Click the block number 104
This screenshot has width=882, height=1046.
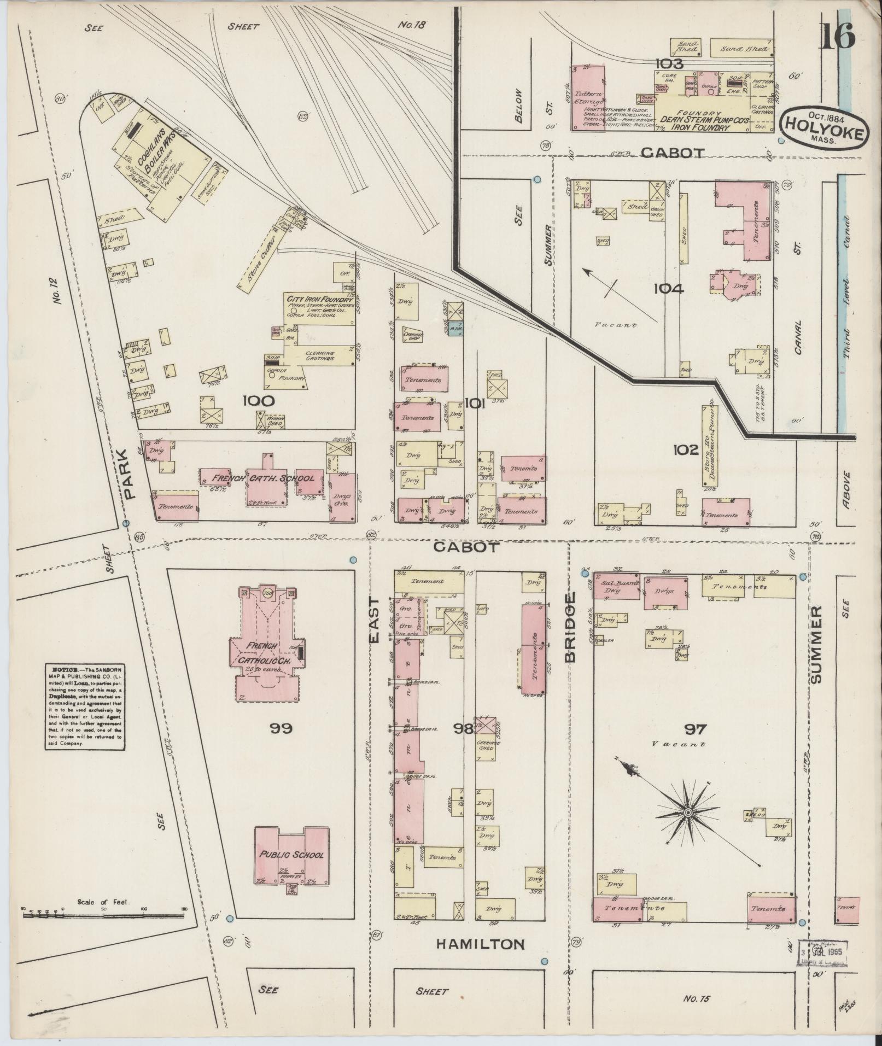[668, 288]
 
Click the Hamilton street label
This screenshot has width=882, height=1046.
[480, 944]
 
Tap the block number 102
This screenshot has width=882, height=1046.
[686, 449]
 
